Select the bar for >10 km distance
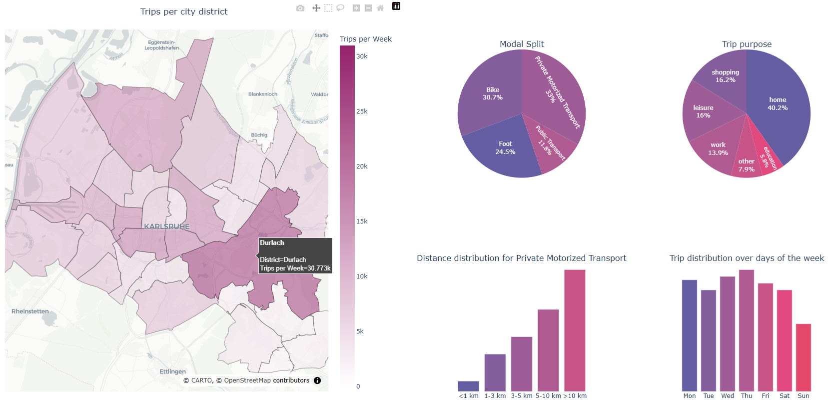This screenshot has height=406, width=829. pos(575,330)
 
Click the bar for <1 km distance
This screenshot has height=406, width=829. pos(468,386)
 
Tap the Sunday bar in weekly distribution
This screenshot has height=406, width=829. pos(803,357)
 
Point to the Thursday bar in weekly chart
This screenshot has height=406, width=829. pos(746,330)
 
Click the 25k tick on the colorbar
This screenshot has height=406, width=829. pos(362,111)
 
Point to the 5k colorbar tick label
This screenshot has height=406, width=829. pos(360,331)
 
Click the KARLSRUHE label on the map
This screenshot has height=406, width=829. pos(167,226)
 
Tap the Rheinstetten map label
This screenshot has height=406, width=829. pos(30,311)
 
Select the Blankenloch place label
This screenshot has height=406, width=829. pos(263,94)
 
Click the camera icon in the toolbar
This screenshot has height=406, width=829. pos(300,8)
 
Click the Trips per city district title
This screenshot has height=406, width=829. pos(184,11)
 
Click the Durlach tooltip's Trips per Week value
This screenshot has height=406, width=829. pos(295,268)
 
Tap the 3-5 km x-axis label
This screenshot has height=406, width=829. pos(521,395)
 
